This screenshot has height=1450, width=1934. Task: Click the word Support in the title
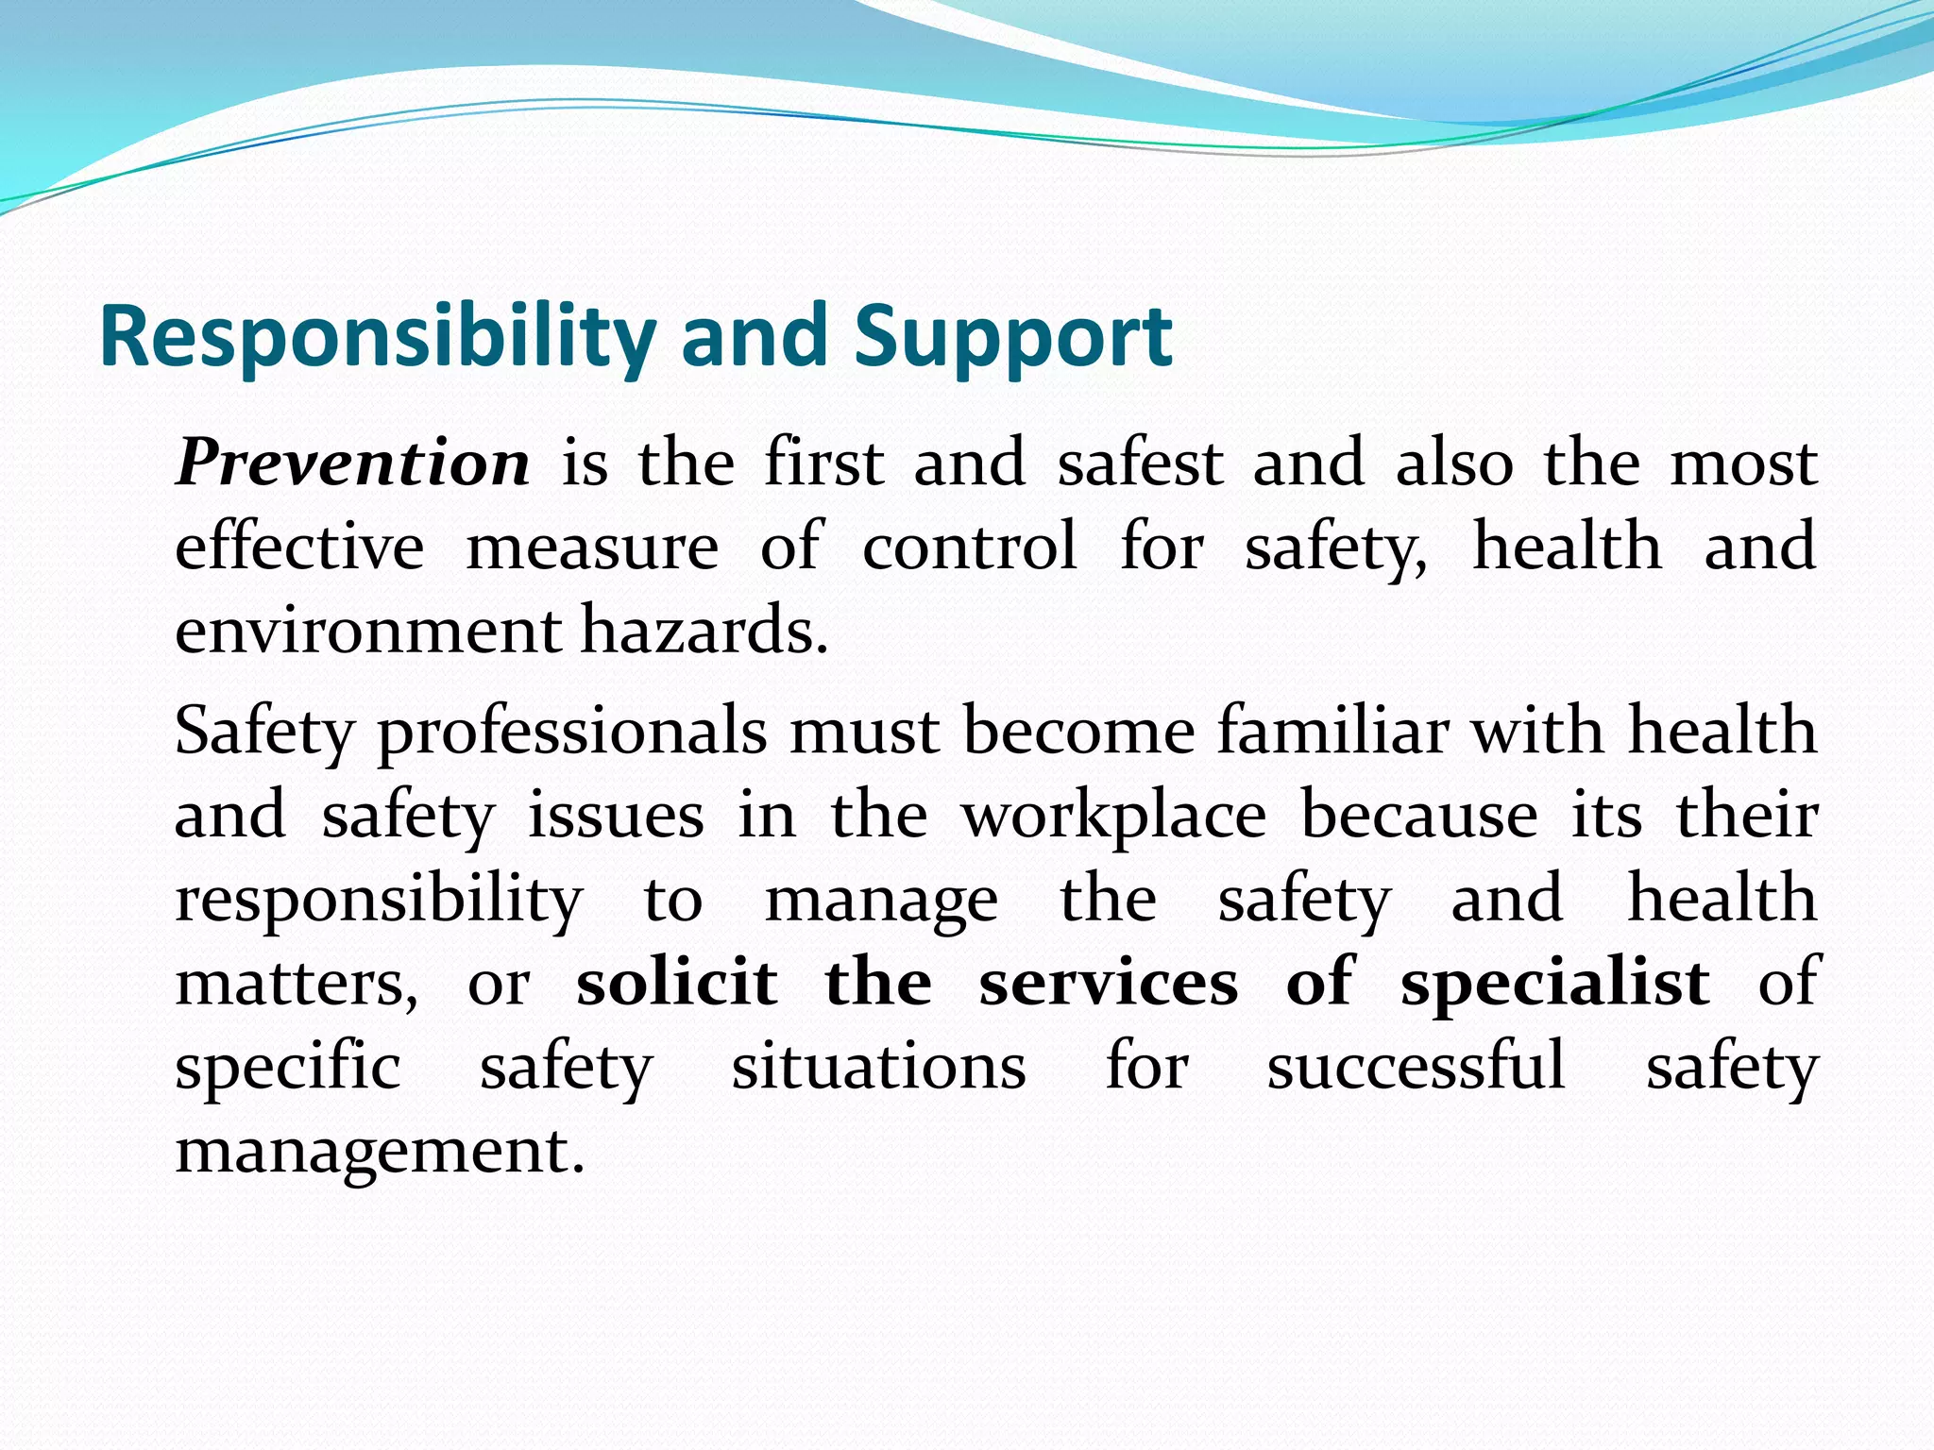1012,338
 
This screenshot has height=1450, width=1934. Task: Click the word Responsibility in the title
377,338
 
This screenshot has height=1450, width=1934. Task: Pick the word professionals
572,733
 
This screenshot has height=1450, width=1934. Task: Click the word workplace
1113,816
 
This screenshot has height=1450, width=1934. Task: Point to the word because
1418,814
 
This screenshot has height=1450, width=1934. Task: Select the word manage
880,901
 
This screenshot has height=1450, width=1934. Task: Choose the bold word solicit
677,982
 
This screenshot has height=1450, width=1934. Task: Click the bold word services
1108,982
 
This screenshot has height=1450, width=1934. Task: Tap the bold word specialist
1554,984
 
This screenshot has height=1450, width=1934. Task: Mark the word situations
878,1067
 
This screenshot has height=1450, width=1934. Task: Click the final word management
380,1152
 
